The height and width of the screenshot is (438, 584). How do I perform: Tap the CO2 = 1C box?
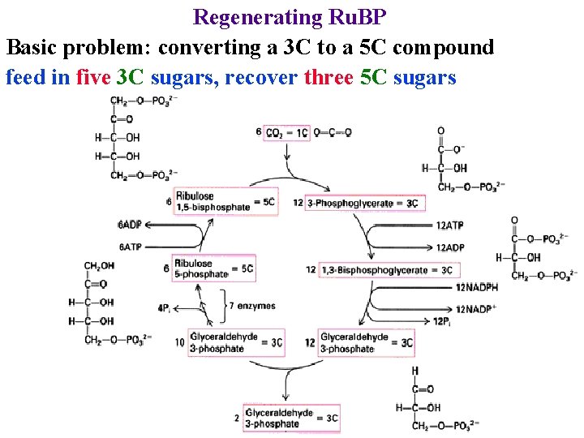coord(286,132)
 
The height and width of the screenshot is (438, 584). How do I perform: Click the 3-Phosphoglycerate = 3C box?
coord(363,203)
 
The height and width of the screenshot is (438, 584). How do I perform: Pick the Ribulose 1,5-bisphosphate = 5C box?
coord(225,202)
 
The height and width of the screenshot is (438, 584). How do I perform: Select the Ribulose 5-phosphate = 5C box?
coord(225,268)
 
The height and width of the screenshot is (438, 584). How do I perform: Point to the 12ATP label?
coord(450,225)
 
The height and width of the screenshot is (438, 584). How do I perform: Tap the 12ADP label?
coord(450,247)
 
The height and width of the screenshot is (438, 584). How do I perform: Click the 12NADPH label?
coord(476,287)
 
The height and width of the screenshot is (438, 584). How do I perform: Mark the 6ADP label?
coord(130,225)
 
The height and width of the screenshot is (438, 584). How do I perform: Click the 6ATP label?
coord(130,247)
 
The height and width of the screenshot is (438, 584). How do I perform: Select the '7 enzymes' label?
coord(252,307)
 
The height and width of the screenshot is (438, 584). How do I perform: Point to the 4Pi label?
coord(164,308)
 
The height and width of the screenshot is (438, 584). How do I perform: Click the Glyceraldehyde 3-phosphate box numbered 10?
coord(236,343)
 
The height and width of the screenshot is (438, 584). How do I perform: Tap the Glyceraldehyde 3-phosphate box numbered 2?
coord(291,418)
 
